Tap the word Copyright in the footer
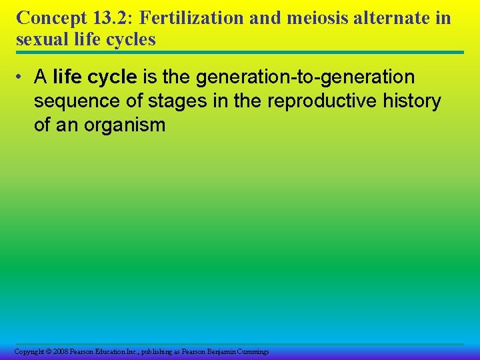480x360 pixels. (29, 351)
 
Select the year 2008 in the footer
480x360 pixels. (61, 351)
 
